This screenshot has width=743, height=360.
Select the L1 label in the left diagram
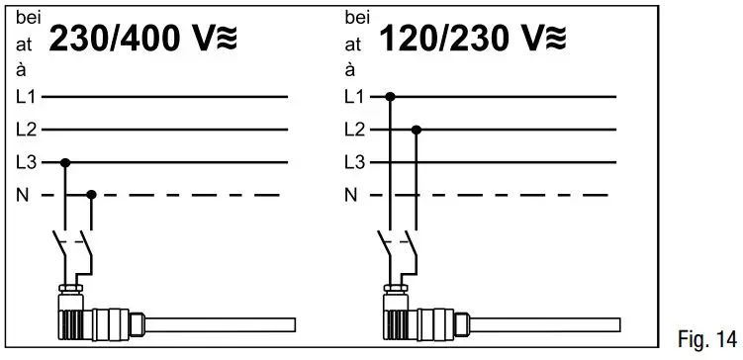(x=26, y=97)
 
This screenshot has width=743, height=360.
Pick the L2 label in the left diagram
(x=26, y=130)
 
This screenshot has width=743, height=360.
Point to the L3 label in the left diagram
(x=26, y=162)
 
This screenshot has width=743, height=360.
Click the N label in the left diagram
(x=23, y=195)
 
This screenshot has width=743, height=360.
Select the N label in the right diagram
(x=350, y=195)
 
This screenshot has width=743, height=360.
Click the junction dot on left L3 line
(x=66, y=162)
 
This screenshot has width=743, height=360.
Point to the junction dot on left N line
(x=92, y=195)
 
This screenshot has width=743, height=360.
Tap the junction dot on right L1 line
(x=391, y=97)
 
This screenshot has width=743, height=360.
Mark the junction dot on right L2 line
(x=417, y=130)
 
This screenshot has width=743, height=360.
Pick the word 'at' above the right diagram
(x=353, y=44)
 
